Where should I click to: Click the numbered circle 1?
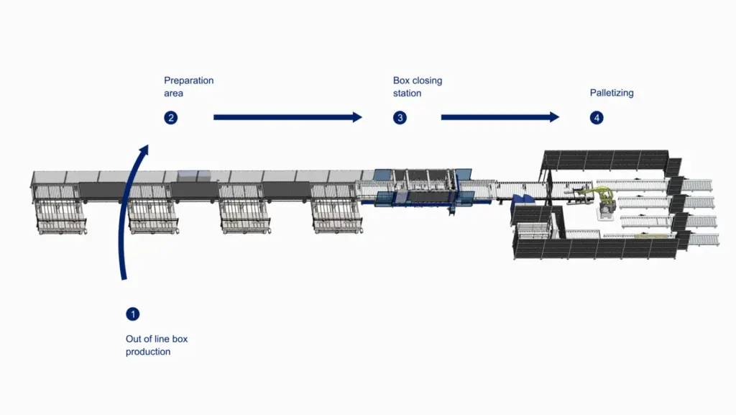132,314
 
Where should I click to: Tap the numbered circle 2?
171,117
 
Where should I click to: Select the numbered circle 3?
400,117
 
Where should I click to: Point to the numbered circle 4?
597,117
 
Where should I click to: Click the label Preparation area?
188,87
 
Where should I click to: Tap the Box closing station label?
418,87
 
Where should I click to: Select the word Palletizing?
612,93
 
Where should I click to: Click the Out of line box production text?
157,345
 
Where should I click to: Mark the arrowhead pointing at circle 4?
554,117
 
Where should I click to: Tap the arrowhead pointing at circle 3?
357,117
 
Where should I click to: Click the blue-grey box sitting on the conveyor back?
193,174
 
